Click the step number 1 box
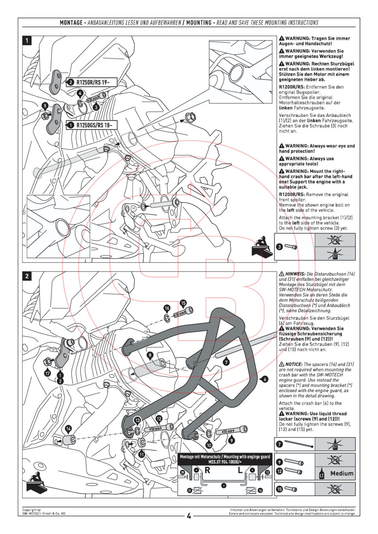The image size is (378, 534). pos(27,41)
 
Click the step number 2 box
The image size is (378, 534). pos(27,276)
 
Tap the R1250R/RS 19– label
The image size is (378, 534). pos(92,83)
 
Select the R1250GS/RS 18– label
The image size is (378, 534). pos(92,125)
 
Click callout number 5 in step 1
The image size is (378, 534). pos(45,106)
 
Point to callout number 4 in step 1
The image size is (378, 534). pos(80,93)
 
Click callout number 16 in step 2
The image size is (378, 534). pos(167,308)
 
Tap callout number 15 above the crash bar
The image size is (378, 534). pos(183,303)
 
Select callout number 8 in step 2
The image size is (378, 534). pos(150,355)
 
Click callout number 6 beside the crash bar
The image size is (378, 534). pos(265,379)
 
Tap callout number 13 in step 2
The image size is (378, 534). pos(137,420)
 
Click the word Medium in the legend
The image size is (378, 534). pos(342,473)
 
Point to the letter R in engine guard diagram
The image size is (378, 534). pos(207,470)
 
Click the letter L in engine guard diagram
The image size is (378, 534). pos(240,470)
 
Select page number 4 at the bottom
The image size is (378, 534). pos(189,516)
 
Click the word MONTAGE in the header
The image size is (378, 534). pos(71,22)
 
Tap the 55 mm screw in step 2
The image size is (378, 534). pos(231,430)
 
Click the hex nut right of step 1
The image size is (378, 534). pos(190,117)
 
